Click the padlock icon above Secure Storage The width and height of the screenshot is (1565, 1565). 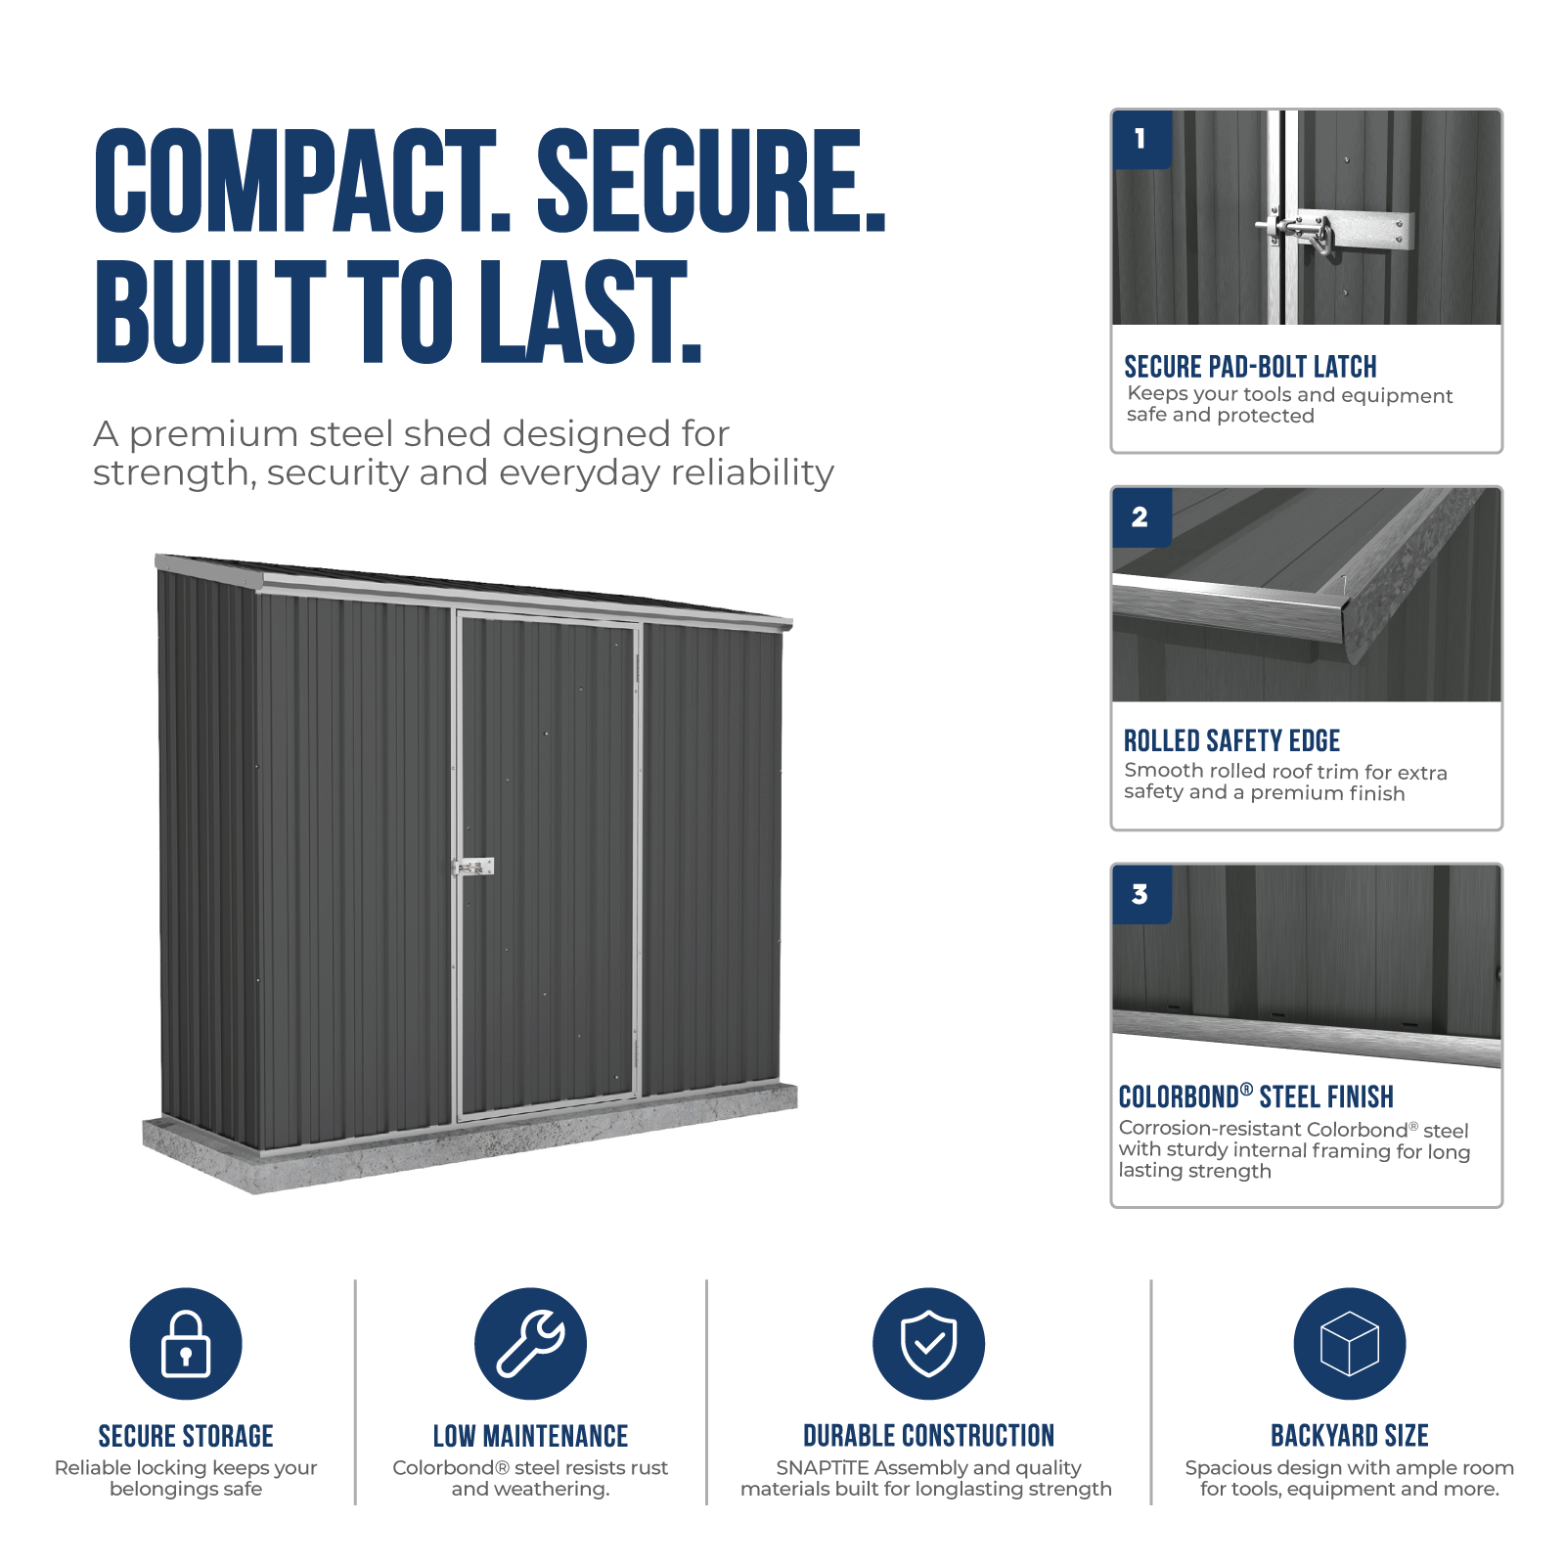(186, 1343)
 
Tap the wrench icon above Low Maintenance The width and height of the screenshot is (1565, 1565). (530, 1343)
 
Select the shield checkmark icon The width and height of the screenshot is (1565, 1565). (928, 1343)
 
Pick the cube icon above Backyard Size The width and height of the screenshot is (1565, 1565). (1350, 1343)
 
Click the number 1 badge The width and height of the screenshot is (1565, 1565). (1141, 139)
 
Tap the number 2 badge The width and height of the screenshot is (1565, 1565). (1141, 517)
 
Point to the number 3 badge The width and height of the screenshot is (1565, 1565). (1141, 895)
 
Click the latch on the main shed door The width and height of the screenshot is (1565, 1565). (473, 867)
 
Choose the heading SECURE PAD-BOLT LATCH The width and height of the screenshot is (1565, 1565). (1250, 367)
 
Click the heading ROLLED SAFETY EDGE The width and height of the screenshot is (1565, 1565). (1231, 740)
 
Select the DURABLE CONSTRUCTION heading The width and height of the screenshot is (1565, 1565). (928, 1436)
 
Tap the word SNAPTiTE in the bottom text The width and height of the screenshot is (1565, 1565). (822, 1468)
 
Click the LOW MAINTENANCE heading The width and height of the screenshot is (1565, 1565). (530, 1436)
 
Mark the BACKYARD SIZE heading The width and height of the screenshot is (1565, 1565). (1350, 1436)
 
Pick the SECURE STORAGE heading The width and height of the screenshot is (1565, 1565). (186, 1436)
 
